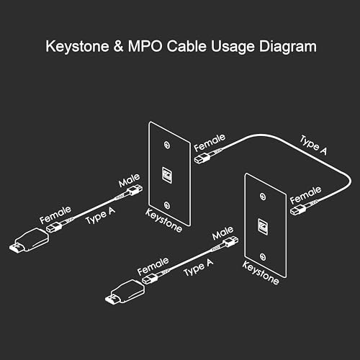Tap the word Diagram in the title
[x=287, y=48]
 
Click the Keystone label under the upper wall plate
[x=165, y=215]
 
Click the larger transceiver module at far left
[x=27, y=240]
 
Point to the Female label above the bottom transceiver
[x=153, y=265]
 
